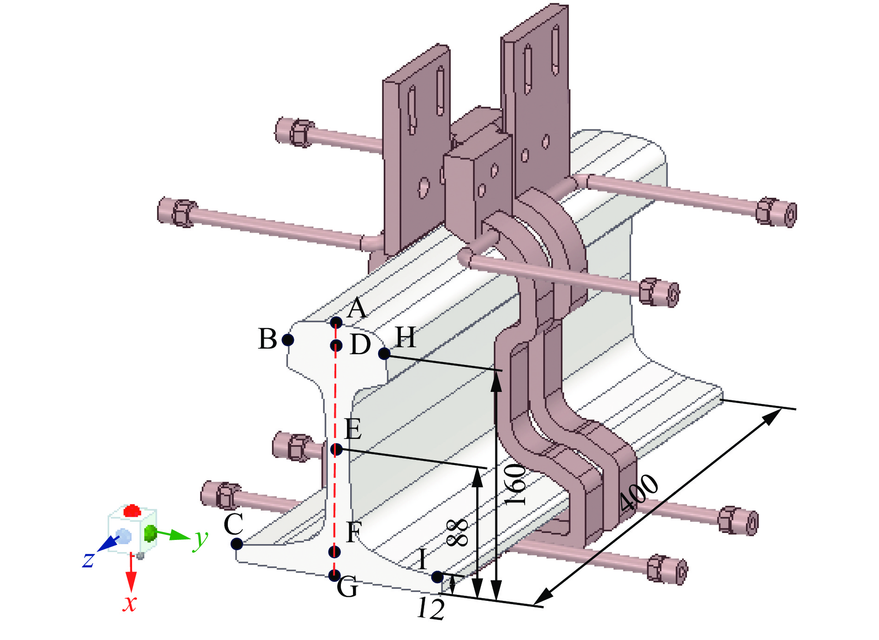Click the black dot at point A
[336, 322]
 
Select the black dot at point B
[288, 340]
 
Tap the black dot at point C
[237, 543]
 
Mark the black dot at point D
[336, 345]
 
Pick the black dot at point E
[337, 449]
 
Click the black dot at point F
[334, 552]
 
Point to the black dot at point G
[334, 575]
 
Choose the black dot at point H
[384, 354]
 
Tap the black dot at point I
[437, 577]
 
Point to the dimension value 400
[639, 492]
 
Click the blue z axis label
[88, 559]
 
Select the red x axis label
[130, 603]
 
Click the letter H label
[405, 337]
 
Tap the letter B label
[267, 339]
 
